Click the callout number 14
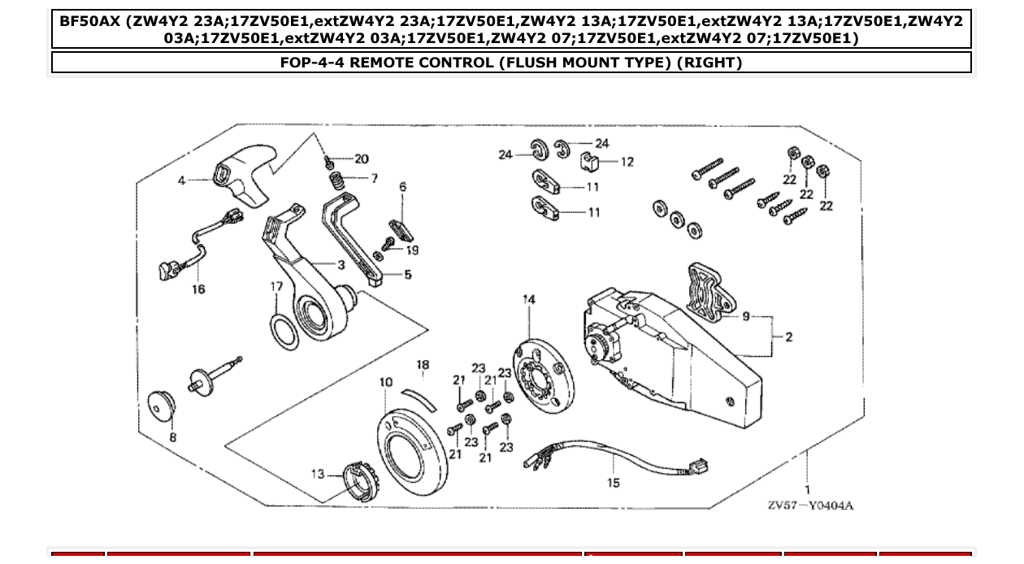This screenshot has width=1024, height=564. (529, 300)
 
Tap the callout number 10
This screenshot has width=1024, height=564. (386, 382)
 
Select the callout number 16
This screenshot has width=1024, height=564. (198, 289)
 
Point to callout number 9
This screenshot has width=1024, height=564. (745, 316)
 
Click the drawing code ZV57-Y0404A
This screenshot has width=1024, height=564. (810, 505)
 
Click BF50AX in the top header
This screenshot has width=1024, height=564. (89, 20)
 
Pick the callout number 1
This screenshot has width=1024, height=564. (807, 489)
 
